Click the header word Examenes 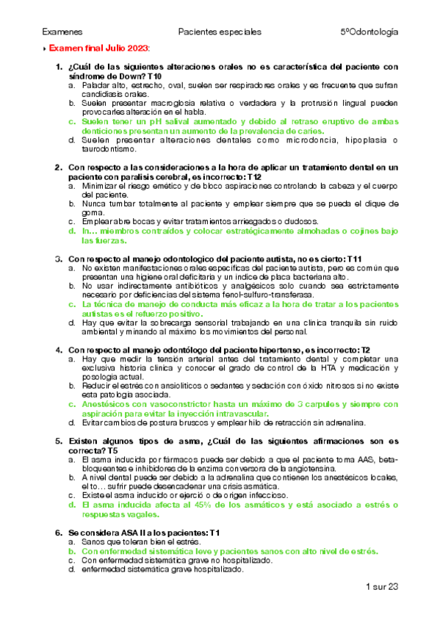pyautogui.click(x=62, y=32)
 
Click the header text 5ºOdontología pyautogui.click(x=369, y=32)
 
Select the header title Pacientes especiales pyautogui.click(x=220, y=32)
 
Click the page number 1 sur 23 pyautogui.click(x=381, y=586)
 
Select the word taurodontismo pyautogui.click(x=111, y=149)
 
